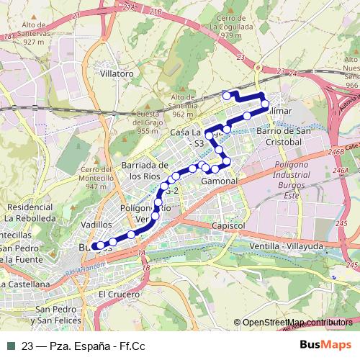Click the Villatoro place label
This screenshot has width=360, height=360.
coord(119,73)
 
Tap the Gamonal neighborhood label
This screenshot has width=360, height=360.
coord(220,181)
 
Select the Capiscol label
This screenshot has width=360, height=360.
coord(230,225)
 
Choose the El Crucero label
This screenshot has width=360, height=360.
coord(117,294)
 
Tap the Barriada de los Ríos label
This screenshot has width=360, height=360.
coord(150,170)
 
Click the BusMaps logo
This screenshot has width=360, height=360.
coord(325,345)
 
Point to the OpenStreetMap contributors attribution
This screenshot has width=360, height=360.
coord(297,323)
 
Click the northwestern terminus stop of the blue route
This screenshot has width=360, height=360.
coord(227,95)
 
